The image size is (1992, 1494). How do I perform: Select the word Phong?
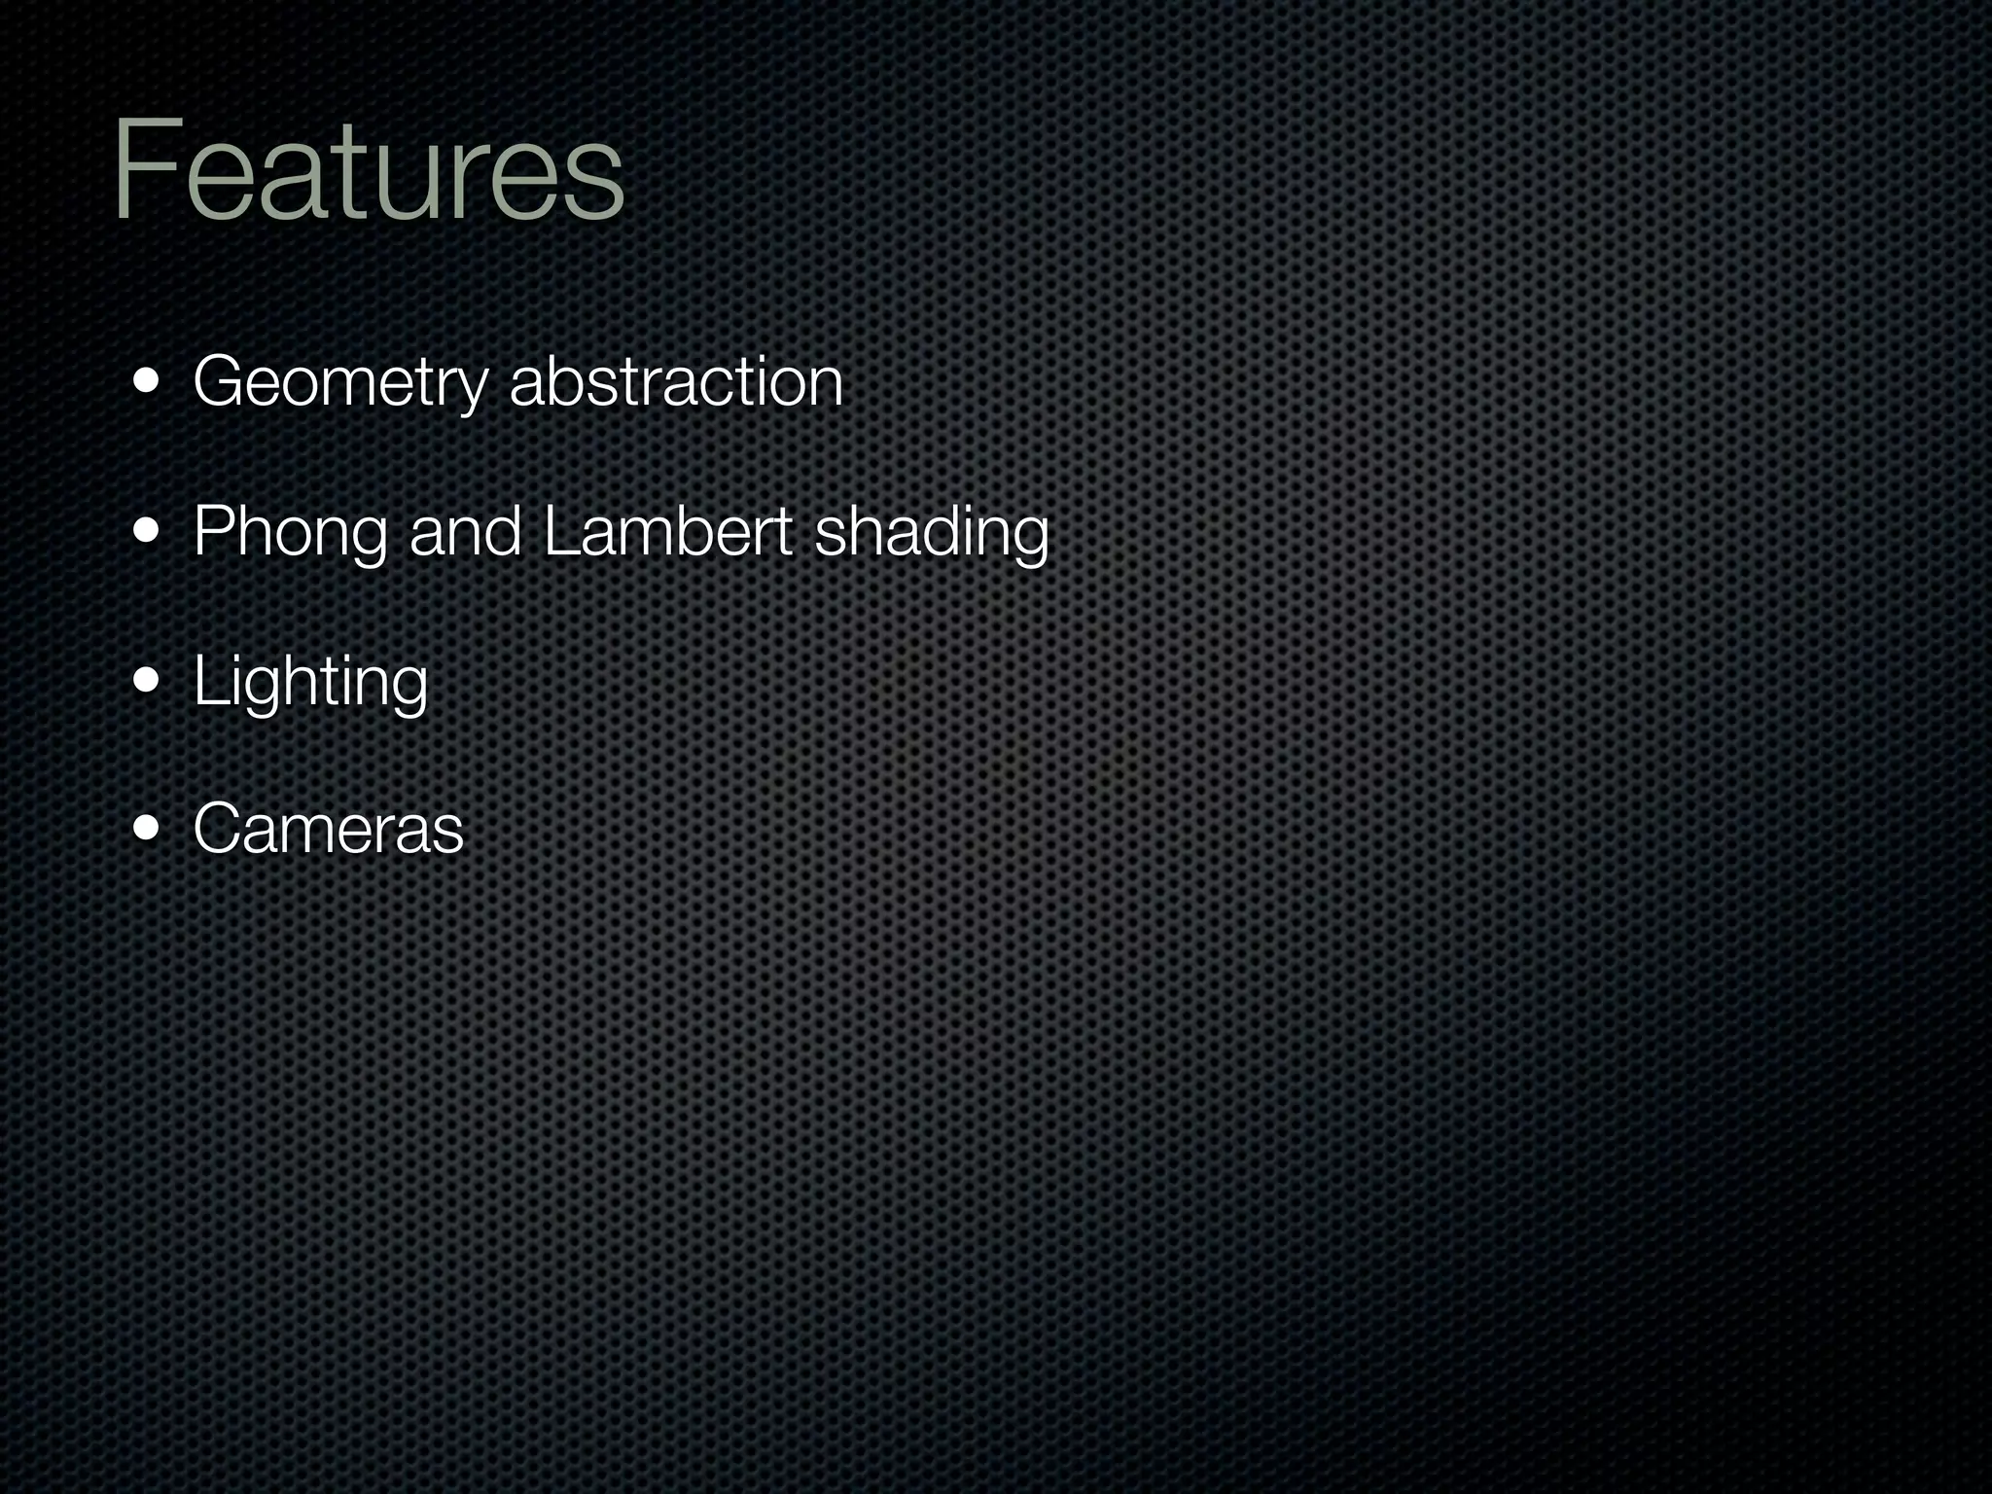click(x=290, y=533)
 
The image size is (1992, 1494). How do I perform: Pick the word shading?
click(x=932, y=533)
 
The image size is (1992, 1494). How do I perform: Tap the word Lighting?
click(x=310, y=682)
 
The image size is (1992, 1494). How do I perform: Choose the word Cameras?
click(x=329, y=829)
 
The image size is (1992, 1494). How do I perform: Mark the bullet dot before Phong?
click(x=149, y=532)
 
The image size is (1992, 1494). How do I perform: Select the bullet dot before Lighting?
click(x=149, y=681)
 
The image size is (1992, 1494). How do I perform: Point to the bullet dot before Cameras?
click(x=149, y=830)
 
